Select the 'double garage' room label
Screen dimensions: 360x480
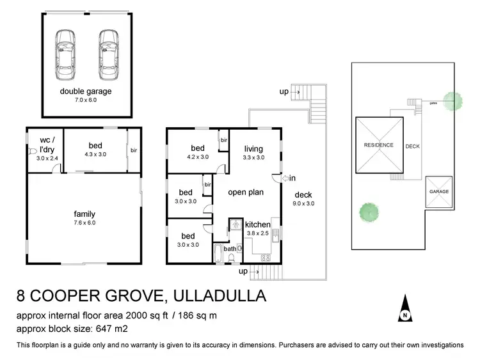tap(86, 91)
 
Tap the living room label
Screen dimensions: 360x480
tap(253, 149)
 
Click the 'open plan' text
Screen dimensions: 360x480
tap(246, 191)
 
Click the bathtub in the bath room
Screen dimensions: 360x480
tap(218, 254)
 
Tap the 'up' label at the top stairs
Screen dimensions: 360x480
tap(284, 91)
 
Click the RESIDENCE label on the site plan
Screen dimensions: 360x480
tap(378, 145)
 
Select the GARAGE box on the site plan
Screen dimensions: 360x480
tap(438, 192)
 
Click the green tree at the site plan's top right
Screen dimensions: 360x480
tap(452, 100)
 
